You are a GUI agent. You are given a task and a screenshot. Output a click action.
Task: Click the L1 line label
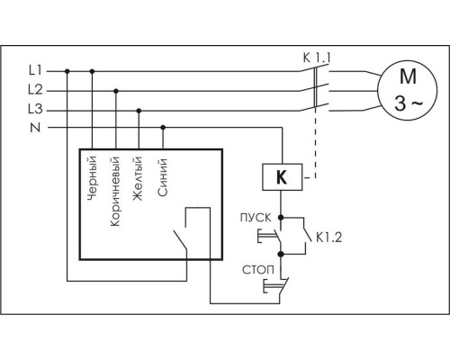pyautogui.click(x=35, y=71)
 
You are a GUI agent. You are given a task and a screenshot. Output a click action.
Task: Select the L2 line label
pyautogui.click(x=35, y=90)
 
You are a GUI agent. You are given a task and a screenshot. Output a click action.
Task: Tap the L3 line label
pyautogui.click(x=35, y=109)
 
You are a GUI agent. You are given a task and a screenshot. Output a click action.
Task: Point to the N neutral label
pyautogui.click(x=35, y=128)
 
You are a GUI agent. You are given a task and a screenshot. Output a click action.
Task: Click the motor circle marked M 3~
pyautogui.click(x=407, y=90)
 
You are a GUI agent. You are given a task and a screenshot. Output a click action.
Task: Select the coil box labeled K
pyautogui.click(x=283, y=177)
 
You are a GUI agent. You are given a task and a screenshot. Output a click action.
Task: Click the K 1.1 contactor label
pyautogui.click(x=317, y=58)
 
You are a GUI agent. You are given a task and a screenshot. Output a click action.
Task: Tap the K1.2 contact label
pyautogui.click(x=329, y=238)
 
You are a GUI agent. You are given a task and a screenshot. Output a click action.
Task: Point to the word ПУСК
pyautogui.click(x=256, y=218)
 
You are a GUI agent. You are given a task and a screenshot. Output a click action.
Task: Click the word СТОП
pyautogui.click(x=258, y=270)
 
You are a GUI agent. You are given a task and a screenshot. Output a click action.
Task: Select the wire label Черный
pyautogui.click(x=92, y=178)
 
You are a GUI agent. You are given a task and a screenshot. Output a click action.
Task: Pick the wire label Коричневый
pyautogui.click(x=115, y=192)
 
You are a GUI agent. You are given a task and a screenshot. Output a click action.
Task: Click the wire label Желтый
pyautogui.click(x=137, y=178)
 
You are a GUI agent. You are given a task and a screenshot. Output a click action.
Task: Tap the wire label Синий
pyautogui.click(x=162, y=177)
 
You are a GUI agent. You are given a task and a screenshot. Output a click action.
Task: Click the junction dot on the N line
pyautogui.click(x=163, y=128)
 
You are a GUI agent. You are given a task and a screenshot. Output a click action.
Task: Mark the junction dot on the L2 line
pyautogui.click(x=116, y=91)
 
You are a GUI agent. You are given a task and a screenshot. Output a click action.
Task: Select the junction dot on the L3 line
pyautogui.click(x=139, y=111)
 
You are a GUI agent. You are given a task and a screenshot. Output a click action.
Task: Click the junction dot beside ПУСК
pyautogui.click(x=281, y=217)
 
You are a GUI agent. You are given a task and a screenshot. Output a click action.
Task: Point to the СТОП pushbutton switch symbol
pyautogui.click(x=277, y=285)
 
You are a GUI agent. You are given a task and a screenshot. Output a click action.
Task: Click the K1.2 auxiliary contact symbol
pyautogui.click(x=305, y=236)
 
